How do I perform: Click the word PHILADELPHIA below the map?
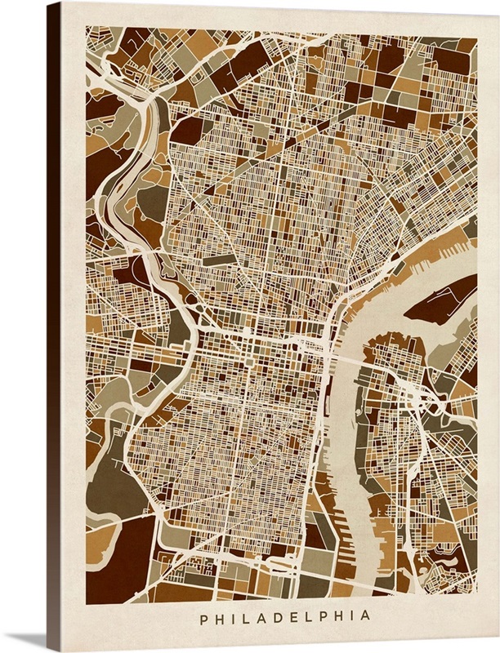coord(281,615)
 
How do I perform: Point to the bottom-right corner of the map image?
coord(475,603)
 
